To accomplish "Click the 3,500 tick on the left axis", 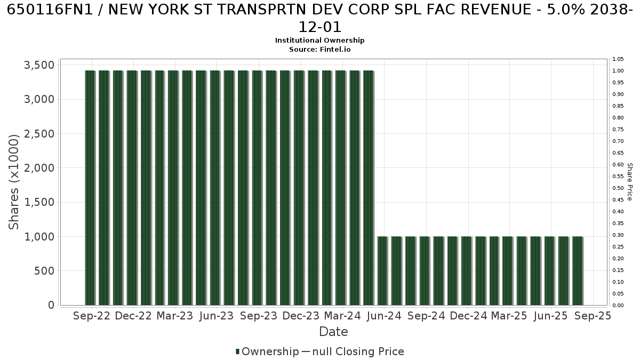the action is click(39, 65).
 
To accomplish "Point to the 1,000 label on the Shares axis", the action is click(39, 237).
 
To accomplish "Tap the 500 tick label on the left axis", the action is click(44, 271).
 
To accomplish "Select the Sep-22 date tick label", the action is click(92, 316).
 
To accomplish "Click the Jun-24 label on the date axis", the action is click(385, 316).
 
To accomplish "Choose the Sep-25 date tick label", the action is click(593, 316).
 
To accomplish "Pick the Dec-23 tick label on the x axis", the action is click(301, 316).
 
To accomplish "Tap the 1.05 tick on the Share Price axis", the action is click(618, 59).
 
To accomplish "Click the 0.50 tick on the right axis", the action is click(618, 188).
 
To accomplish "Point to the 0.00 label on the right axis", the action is click(618, 306).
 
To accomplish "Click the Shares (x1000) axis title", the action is click(13, 182).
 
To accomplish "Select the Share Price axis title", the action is click(629, 182).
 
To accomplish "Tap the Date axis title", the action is click(333, 332).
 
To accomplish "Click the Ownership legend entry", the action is click(267, 351).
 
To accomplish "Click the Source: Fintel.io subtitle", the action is click(319, 50).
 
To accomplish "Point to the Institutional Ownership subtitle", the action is click(319, 41).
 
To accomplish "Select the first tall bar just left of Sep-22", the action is click(90, 188).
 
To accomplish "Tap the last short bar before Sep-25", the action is click(578, 271).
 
